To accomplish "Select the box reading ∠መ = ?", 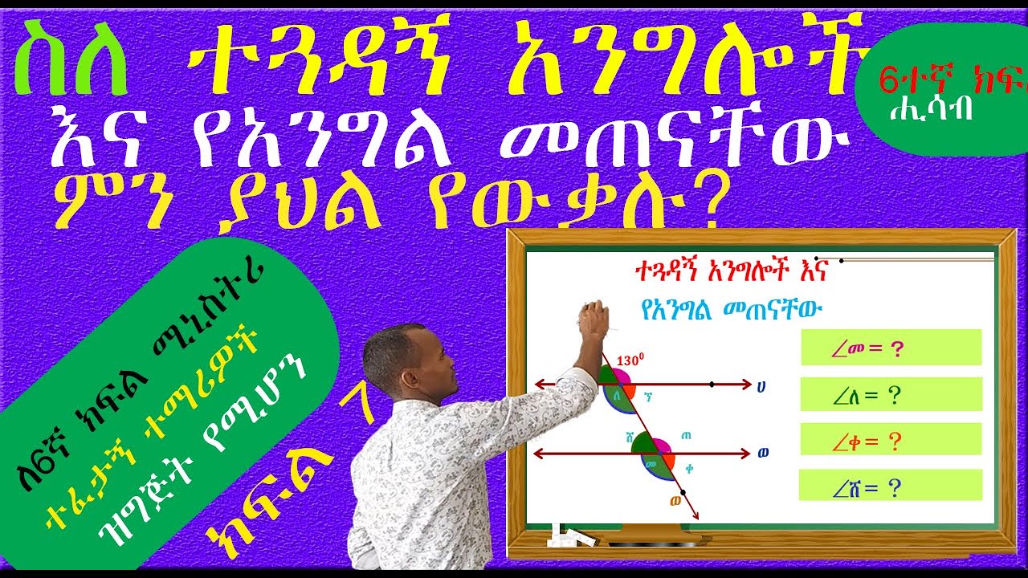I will pos(891,348).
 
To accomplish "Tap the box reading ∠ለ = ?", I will pos(891,394).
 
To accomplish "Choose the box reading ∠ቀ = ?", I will pos(891,440).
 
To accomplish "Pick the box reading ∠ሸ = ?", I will pos(891,486).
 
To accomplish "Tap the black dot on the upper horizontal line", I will pos(712,385).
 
